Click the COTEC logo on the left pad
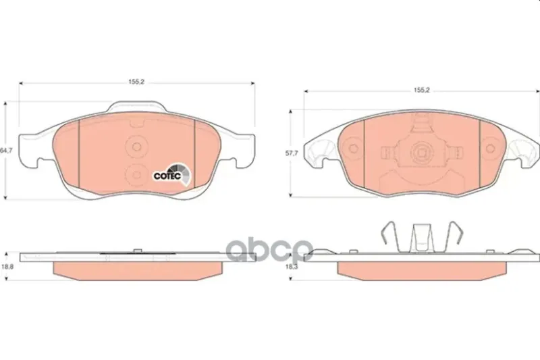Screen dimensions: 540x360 tap(171, 174)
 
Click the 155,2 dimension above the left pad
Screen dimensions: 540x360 tap(136, 82)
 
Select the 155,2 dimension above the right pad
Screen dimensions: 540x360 tap(422, 91)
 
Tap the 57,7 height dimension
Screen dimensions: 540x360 tap(292, 153)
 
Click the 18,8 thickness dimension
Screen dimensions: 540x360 tap(7, 266)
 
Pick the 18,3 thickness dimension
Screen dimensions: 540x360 tap(292, 266)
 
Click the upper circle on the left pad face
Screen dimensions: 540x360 tap(137, 147)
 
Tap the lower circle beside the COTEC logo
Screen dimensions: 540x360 tap(137, 175)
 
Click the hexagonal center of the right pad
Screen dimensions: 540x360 tap(421, 151)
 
